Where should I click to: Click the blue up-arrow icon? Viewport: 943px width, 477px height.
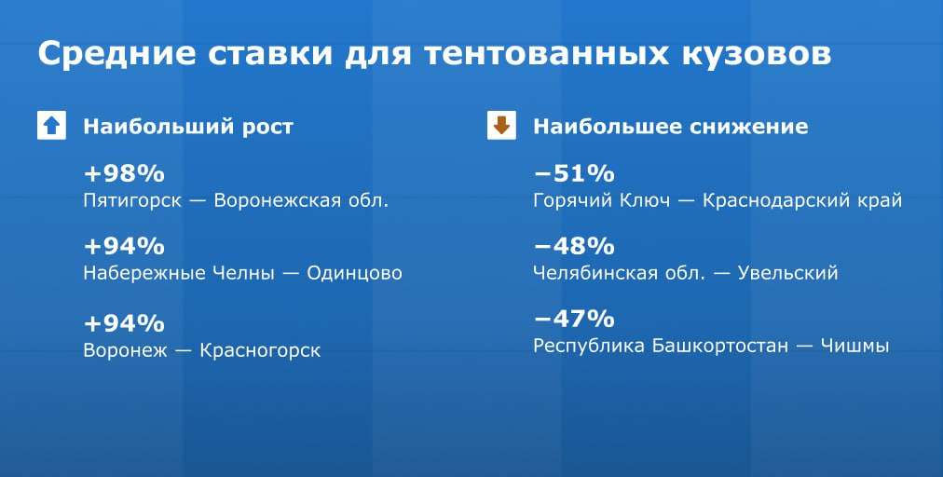[x=52, y=126]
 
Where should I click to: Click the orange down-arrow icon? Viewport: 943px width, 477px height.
[x=501, y=126]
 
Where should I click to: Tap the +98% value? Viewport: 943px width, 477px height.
[x=124, y=174]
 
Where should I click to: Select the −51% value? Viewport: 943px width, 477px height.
[x=574, y=174]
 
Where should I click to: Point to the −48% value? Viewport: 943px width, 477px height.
[x=574, y=246]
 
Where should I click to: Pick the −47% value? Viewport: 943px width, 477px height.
[x=574, y=319]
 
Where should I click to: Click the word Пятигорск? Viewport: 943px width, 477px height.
[x=132, y=201]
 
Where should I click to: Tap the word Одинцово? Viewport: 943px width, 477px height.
[x=354, y=274]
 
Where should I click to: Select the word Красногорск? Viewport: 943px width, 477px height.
[x=260, y=350]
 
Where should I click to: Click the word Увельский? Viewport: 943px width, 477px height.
[x=787, y=274]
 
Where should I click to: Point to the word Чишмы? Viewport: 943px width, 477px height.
[x=854, y=347]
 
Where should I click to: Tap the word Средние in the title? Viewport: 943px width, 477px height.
[x=116, y=53]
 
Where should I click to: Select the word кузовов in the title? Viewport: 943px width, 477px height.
[x=757, y=54]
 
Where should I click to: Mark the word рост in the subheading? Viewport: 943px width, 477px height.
[x=267, y=128]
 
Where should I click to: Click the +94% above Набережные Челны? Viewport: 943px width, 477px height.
[x=124, y=246]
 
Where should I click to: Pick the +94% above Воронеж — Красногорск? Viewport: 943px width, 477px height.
[x=124, y=323]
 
